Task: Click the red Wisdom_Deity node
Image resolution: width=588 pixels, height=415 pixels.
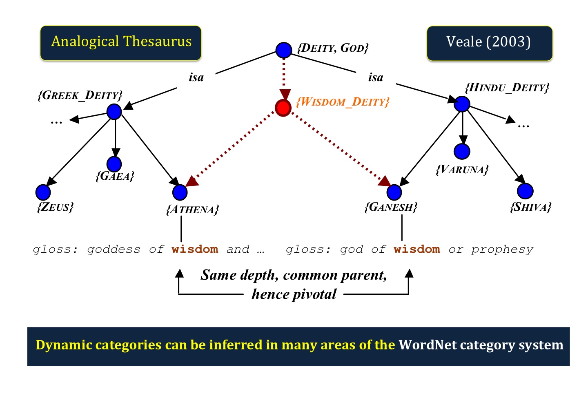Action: click(x=283, y=108)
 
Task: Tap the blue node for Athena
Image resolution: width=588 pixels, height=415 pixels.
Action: click(x=180, y=192)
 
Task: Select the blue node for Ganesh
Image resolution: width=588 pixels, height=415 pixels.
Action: click(x=394, y=192)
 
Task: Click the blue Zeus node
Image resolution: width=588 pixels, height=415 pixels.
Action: click(x=43, y=192)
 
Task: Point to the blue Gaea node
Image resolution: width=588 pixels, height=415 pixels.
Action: click(x=114, y=164)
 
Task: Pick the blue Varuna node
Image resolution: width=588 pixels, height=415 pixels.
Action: click(x=462, y=151)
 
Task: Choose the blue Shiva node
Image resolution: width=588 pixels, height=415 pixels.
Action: click(x=525, y=191)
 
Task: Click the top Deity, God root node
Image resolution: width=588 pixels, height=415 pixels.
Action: click(x=284, y=50)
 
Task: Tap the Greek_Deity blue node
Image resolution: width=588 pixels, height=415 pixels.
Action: click(x=114, y=112)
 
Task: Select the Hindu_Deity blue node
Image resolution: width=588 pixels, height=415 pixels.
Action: click(x=462, y=104)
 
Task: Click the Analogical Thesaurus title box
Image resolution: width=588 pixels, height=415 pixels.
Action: click(x=121, y=43)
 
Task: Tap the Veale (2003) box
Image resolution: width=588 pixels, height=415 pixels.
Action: click(x=490, y=43)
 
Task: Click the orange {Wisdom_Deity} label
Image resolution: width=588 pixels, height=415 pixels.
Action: click(x=343, y=102)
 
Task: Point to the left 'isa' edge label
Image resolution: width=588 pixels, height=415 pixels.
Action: click(x=196, y=77)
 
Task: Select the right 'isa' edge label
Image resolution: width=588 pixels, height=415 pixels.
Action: click(x=376, y=77)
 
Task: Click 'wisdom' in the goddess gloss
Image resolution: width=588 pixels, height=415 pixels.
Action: click(x=195, y=249)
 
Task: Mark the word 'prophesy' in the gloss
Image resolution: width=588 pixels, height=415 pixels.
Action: click(x=502, y=250)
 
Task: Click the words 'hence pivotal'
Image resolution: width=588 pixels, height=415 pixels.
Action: click(x=294, y=294)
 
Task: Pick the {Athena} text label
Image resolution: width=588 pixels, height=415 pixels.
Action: click(x=193, y=210)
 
